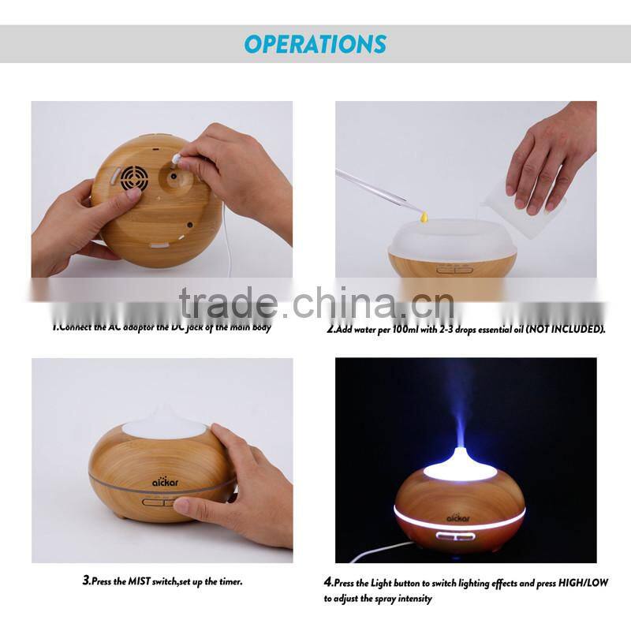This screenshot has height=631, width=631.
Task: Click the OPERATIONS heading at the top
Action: [x=315, y=43]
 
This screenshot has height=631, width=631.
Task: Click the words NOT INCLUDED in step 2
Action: [x=566, y=329]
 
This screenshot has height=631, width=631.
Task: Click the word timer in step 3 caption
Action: [x=228, y=581]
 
